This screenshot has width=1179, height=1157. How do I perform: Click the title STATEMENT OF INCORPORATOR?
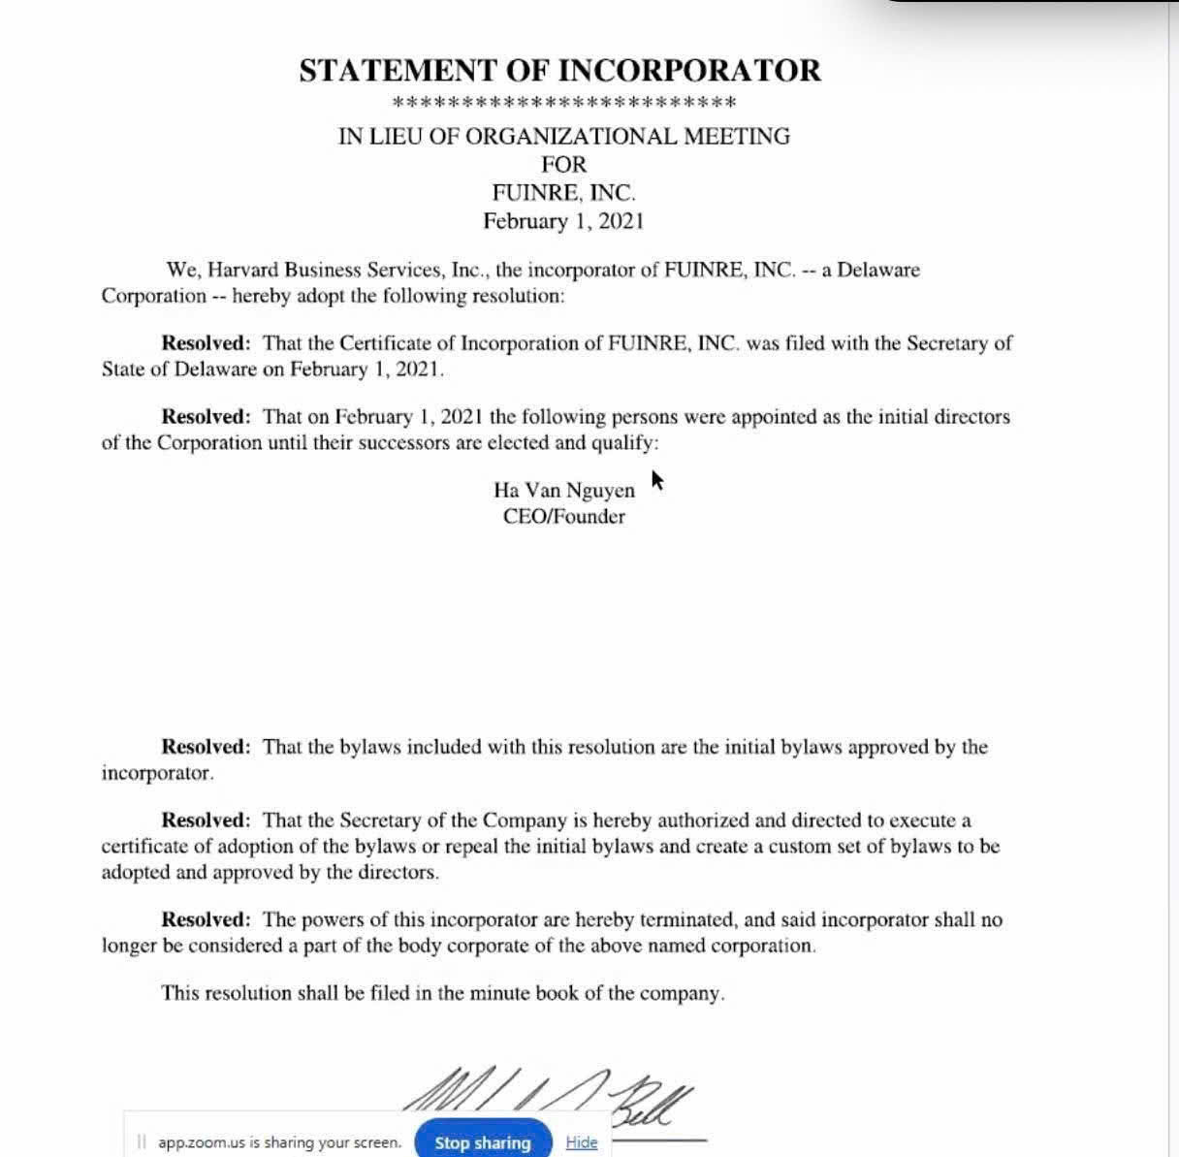(x=559, y=71)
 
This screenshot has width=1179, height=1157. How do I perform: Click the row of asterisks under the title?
(x=563, y=103)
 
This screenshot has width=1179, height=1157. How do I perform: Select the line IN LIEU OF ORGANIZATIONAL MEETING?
(x=563, y=136)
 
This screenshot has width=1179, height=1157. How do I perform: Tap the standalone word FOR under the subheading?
(x=563, y=164)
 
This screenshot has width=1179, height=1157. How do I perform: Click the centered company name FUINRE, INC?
(x=563, y=192)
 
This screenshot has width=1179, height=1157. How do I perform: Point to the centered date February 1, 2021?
(x=563, y=221)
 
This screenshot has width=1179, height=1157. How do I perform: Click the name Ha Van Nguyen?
(x=563, y=490)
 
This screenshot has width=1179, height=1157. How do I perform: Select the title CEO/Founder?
(x=563, y=516)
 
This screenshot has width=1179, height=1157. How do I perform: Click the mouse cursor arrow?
(x=656, y=479)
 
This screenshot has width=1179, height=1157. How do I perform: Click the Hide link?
(x=581, y=1141)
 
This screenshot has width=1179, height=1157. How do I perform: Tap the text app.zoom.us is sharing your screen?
(x=279, y=1142)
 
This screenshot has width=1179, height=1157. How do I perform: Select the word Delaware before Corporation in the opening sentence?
(x=877, y=270)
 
